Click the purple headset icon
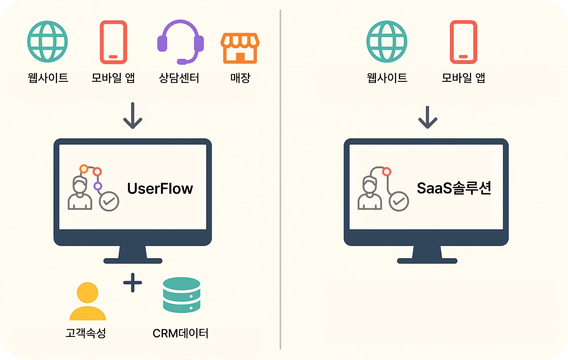point(180,42)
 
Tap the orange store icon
point(240,48)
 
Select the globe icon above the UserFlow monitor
point(47,42)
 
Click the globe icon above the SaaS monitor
point(386,42)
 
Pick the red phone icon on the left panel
point(114,42)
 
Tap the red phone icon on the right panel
point(463,42)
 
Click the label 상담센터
point(179,78)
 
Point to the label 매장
point(240,78)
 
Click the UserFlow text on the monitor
point(160,188)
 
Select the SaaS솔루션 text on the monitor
point(454,188)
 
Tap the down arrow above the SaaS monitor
point(428,117)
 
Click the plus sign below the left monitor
point(133,282)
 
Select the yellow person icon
point(88,301)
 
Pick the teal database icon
point(182,295)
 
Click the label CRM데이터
point(180,333)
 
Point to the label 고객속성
point(86,333)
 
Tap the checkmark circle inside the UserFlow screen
point(109,201)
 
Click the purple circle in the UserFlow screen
point(98,186)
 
